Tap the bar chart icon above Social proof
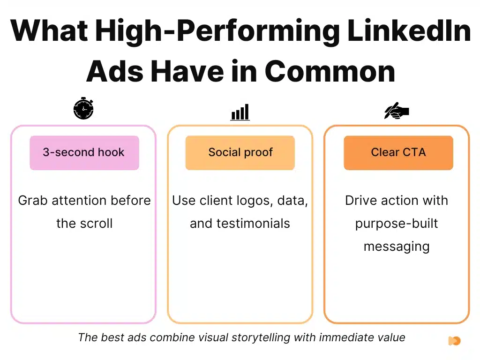pos(240,112)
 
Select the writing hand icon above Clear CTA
pos(397,111)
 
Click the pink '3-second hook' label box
pos(84,152)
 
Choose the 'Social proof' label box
pos(240,152)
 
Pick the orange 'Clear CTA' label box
pos(398,152)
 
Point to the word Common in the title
pos(330,71)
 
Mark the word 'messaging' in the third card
pos(397,246)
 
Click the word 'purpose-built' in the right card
pos(397,223)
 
